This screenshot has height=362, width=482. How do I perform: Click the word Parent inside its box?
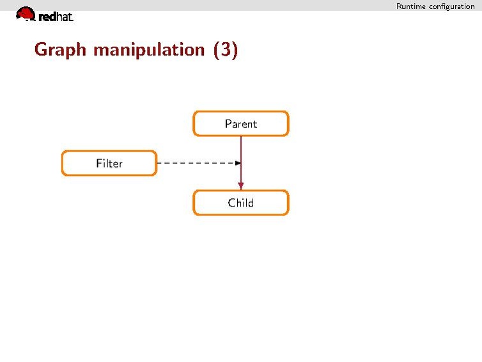coord(241,124)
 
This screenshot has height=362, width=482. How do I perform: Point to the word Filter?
coord(109,163)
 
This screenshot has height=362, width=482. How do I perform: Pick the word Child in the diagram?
coord(241,203)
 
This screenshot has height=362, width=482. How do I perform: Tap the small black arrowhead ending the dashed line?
coord(238,163)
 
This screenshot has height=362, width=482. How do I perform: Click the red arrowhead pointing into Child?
coord(241,185)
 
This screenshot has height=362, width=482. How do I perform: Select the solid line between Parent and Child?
coord(241,163)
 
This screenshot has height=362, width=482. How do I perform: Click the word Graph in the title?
coord(60,50)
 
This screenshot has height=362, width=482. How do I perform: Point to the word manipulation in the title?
coord(149,50)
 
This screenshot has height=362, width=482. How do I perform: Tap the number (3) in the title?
coord(226,50)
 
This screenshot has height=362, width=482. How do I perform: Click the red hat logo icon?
coord(26,14)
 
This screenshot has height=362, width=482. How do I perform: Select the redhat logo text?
coord(56,17)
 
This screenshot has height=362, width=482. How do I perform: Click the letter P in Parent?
coord(228,123)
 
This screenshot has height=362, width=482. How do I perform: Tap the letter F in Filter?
coord(99,163)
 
